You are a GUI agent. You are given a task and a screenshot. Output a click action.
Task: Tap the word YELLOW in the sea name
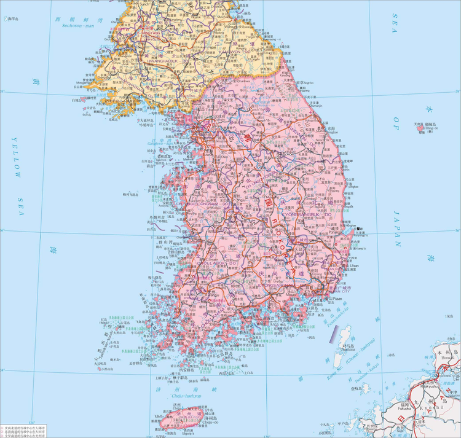[x=17, y=157]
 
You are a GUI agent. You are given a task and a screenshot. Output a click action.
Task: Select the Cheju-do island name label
[x=211, y=422]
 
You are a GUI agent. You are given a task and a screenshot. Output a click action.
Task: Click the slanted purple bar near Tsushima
[x=335, y=333]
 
